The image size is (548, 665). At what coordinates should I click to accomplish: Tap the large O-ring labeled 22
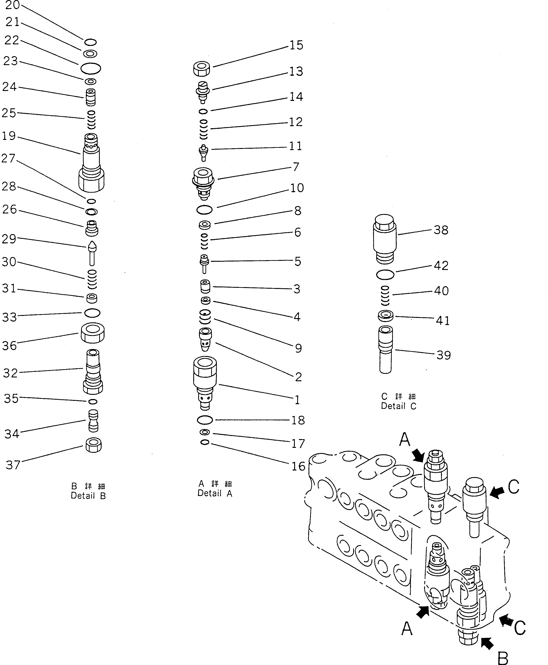[x=91, y=68]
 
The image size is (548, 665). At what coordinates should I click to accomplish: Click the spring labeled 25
[x=91, y=120]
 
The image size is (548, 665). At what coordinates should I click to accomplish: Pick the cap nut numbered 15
[x=202, y=68]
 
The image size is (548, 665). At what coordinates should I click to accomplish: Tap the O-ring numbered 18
[x=205, y=420]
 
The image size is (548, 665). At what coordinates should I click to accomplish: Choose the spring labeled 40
[x=385, y=296]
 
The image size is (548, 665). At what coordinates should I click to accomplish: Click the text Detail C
[x=399, y=406]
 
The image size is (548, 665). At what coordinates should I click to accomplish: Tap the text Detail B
[x=88, y=496]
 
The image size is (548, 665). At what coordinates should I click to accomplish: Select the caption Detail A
[x=215, y=494]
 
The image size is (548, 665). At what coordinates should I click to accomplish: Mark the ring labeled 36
[x=92, y=333]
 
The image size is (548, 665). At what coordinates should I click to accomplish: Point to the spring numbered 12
[x=204, y=129]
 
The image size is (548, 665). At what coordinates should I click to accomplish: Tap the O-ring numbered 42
[x=385, y=275]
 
